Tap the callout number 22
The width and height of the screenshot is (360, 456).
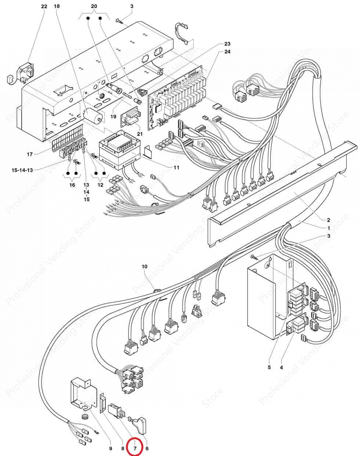point(44,7)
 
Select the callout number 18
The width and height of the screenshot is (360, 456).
point(57,7)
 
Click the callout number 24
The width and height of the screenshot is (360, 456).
point(227,52)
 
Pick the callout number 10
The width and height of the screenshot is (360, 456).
point(144,266)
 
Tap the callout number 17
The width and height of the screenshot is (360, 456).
point(30,154)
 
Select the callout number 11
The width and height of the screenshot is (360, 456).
point(176,168)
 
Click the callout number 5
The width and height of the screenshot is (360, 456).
point(269,367)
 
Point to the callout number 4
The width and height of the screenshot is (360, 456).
point(281,367)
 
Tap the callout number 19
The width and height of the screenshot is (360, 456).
point(113,116)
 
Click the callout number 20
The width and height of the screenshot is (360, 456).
point(94,7)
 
